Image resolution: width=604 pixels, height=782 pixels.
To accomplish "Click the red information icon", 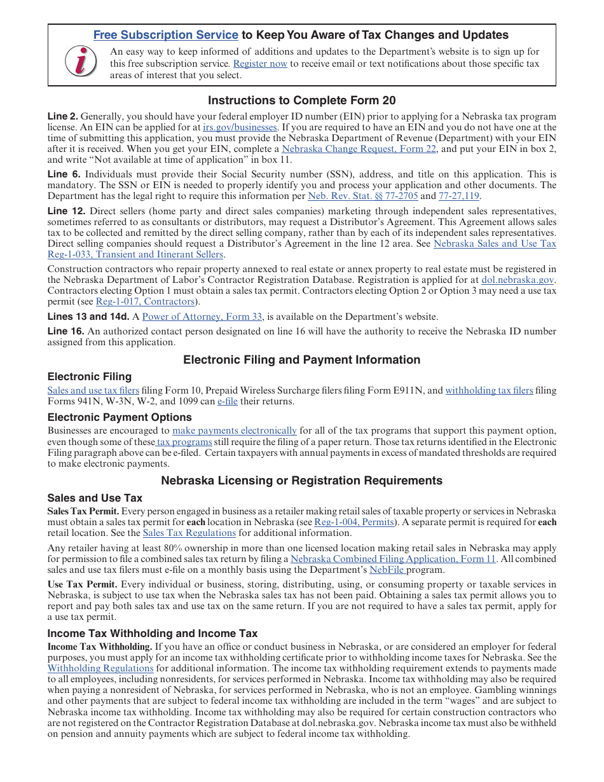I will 81,62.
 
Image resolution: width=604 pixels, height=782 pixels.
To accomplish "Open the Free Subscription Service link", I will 165,36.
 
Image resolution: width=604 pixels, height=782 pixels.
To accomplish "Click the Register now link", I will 260,64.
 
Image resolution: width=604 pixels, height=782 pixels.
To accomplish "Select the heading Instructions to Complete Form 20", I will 301,100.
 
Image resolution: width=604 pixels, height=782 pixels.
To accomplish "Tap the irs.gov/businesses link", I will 245,127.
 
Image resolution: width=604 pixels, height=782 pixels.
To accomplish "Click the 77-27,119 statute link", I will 459,196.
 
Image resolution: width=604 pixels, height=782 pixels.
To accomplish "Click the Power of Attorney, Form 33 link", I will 202,317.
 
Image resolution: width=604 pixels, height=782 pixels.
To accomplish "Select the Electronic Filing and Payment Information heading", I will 301,360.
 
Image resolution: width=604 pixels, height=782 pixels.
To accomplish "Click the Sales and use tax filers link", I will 93,390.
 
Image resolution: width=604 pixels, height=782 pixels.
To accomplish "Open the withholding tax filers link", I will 489,390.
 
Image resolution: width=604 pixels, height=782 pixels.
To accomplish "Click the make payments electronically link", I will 235,430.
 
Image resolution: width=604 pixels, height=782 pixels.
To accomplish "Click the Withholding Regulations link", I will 100,668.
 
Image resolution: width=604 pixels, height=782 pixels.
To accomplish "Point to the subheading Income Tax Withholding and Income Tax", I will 153,633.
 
